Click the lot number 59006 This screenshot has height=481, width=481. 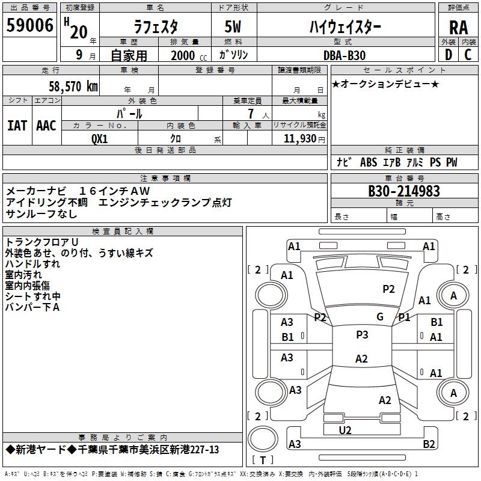(x=29, y=26)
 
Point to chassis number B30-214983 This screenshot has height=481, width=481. (x=404, y=191)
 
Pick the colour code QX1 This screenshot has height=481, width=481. (x=100, y=138)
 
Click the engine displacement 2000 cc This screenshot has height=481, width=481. (x=185, y=55)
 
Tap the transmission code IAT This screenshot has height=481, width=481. (x=17, y=126)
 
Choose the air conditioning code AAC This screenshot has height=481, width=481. (x=46, y=126)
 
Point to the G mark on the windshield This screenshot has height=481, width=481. (x=379, y=317)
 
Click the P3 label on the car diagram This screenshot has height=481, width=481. (x=362, y=335)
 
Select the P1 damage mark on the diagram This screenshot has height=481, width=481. (x=404, y=317)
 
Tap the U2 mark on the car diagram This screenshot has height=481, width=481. (x=345, y=430)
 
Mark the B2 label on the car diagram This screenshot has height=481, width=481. (x=429, y=444)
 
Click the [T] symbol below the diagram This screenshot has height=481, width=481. (x=262, y=461)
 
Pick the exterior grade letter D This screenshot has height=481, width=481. (x=448, y=55)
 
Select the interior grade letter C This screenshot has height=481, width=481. (x=468, y=55)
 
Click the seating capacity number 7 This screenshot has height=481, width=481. (x=250, y=114)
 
